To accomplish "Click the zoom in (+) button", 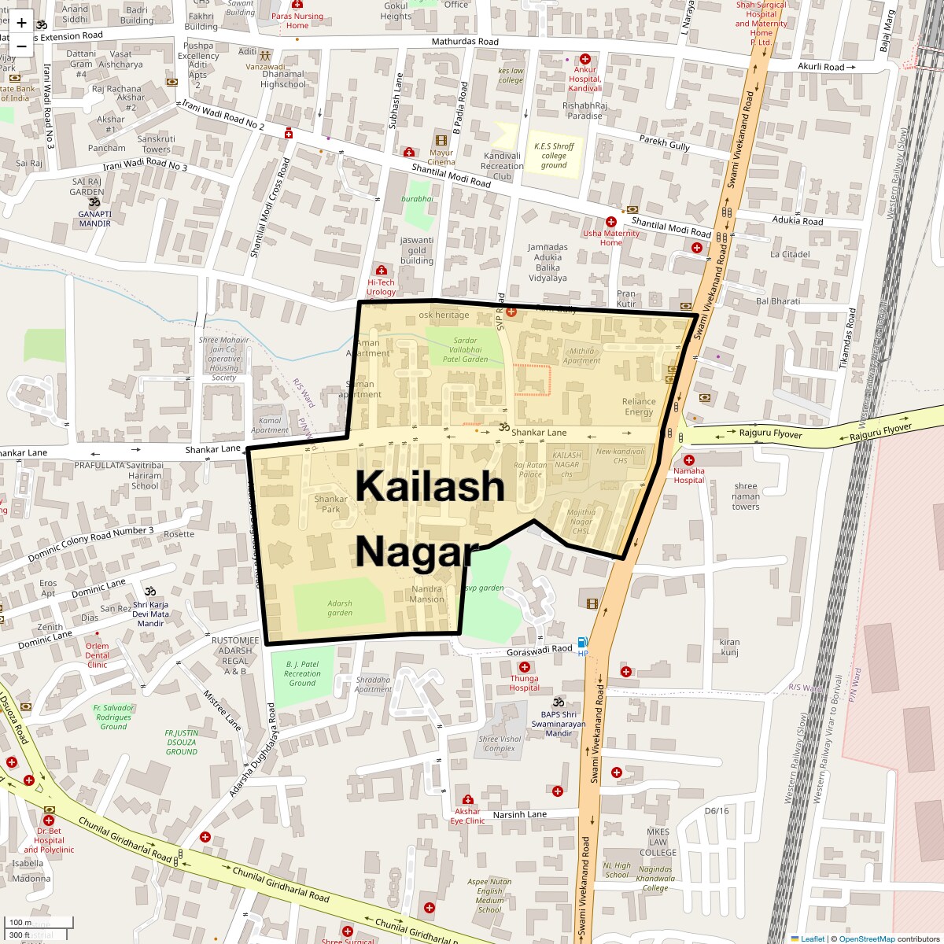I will point(21,23).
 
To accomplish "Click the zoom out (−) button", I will point(21,46).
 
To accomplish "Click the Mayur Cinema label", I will point(441,157).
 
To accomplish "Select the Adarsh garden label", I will point(340,608).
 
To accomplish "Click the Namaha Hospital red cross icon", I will point(689,460).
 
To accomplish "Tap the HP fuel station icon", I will point(582,642).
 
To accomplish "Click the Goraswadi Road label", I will point(540,649).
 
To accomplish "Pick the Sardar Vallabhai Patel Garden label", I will point(465,349).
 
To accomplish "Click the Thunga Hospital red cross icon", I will point(525,667).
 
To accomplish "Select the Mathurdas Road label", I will point(465,42).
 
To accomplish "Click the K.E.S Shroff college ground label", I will point(554,156).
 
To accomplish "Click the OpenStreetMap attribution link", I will point(866,938).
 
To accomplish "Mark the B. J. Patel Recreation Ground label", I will point(302,673).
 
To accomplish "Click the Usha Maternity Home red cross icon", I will point(611,222).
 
